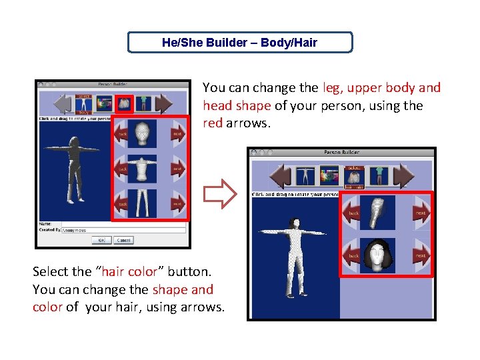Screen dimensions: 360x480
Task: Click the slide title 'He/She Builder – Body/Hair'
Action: [x=240, y=43]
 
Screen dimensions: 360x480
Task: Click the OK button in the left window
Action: [x=101, y=240]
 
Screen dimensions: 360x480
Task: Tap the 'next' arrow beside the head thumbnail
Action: [x=177, y=134]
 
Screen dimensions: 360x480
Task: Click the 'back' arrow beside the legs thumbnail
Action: [x=122, y=203]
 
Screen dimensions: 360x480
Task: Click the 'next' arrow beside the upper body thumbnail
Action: [x=177, y=169]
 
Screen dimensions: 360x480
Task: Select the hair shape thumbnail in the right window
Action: [x=377, y=213]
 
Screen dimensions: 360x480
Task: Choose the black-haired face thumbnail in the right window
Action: [x=377, y=255]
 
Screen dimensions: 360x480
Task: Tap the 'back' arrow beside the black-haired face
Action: [x=353, y=255]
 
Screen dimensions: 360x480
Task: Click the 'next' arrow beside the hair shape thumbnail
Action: [x=421, y=213]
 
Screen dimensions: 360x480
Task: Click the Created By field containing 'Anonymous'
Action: [x=123, y=230]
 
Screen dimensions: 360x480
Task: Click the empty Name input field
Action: [x=123, y=224]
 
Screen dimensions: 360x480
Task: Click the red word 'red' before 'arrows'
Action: [x=213, y=123]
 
